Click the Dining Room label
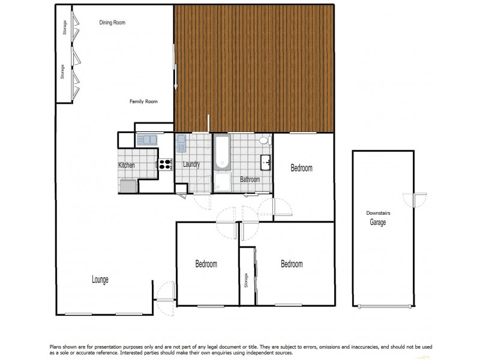pyautogui.click(x=112, y=23)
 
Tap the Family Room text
pyautogui.click(x=143, y=101)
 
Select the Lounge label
pyautogui.click(x=100, y=279)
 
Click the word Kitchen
pyautogui.click(x=126, y=165)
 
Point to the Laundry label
pyautogui.click(x=191, y=164)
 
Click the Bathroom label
pyautogui.click(x=250, y=179)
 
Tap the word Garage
pyautogui.click(x=377, y=222)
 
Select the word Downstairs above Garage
pyautogui.click(x=377, y=213)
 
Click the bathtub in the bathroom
pyautogui.click(x=222, y=152)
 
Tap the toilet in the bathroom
pyautogui.click(x=264, y=142)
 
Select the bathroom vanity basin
pyautogui.click(x=266, y=163)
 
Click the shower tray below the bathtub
pyautogui.click(x=223, y=182)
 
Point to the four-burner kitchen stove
pyautogui.click(x=165, y=164)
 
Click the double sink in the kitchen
pyautogui.click(x=146, y=140)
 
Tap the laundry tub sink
pyautogui.click(x=182, y=144)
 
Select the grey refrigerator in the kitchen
pyautogui.click(x=128, y=185)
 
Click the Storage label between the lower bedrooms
pyautogui.click(x=246, y=280)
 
